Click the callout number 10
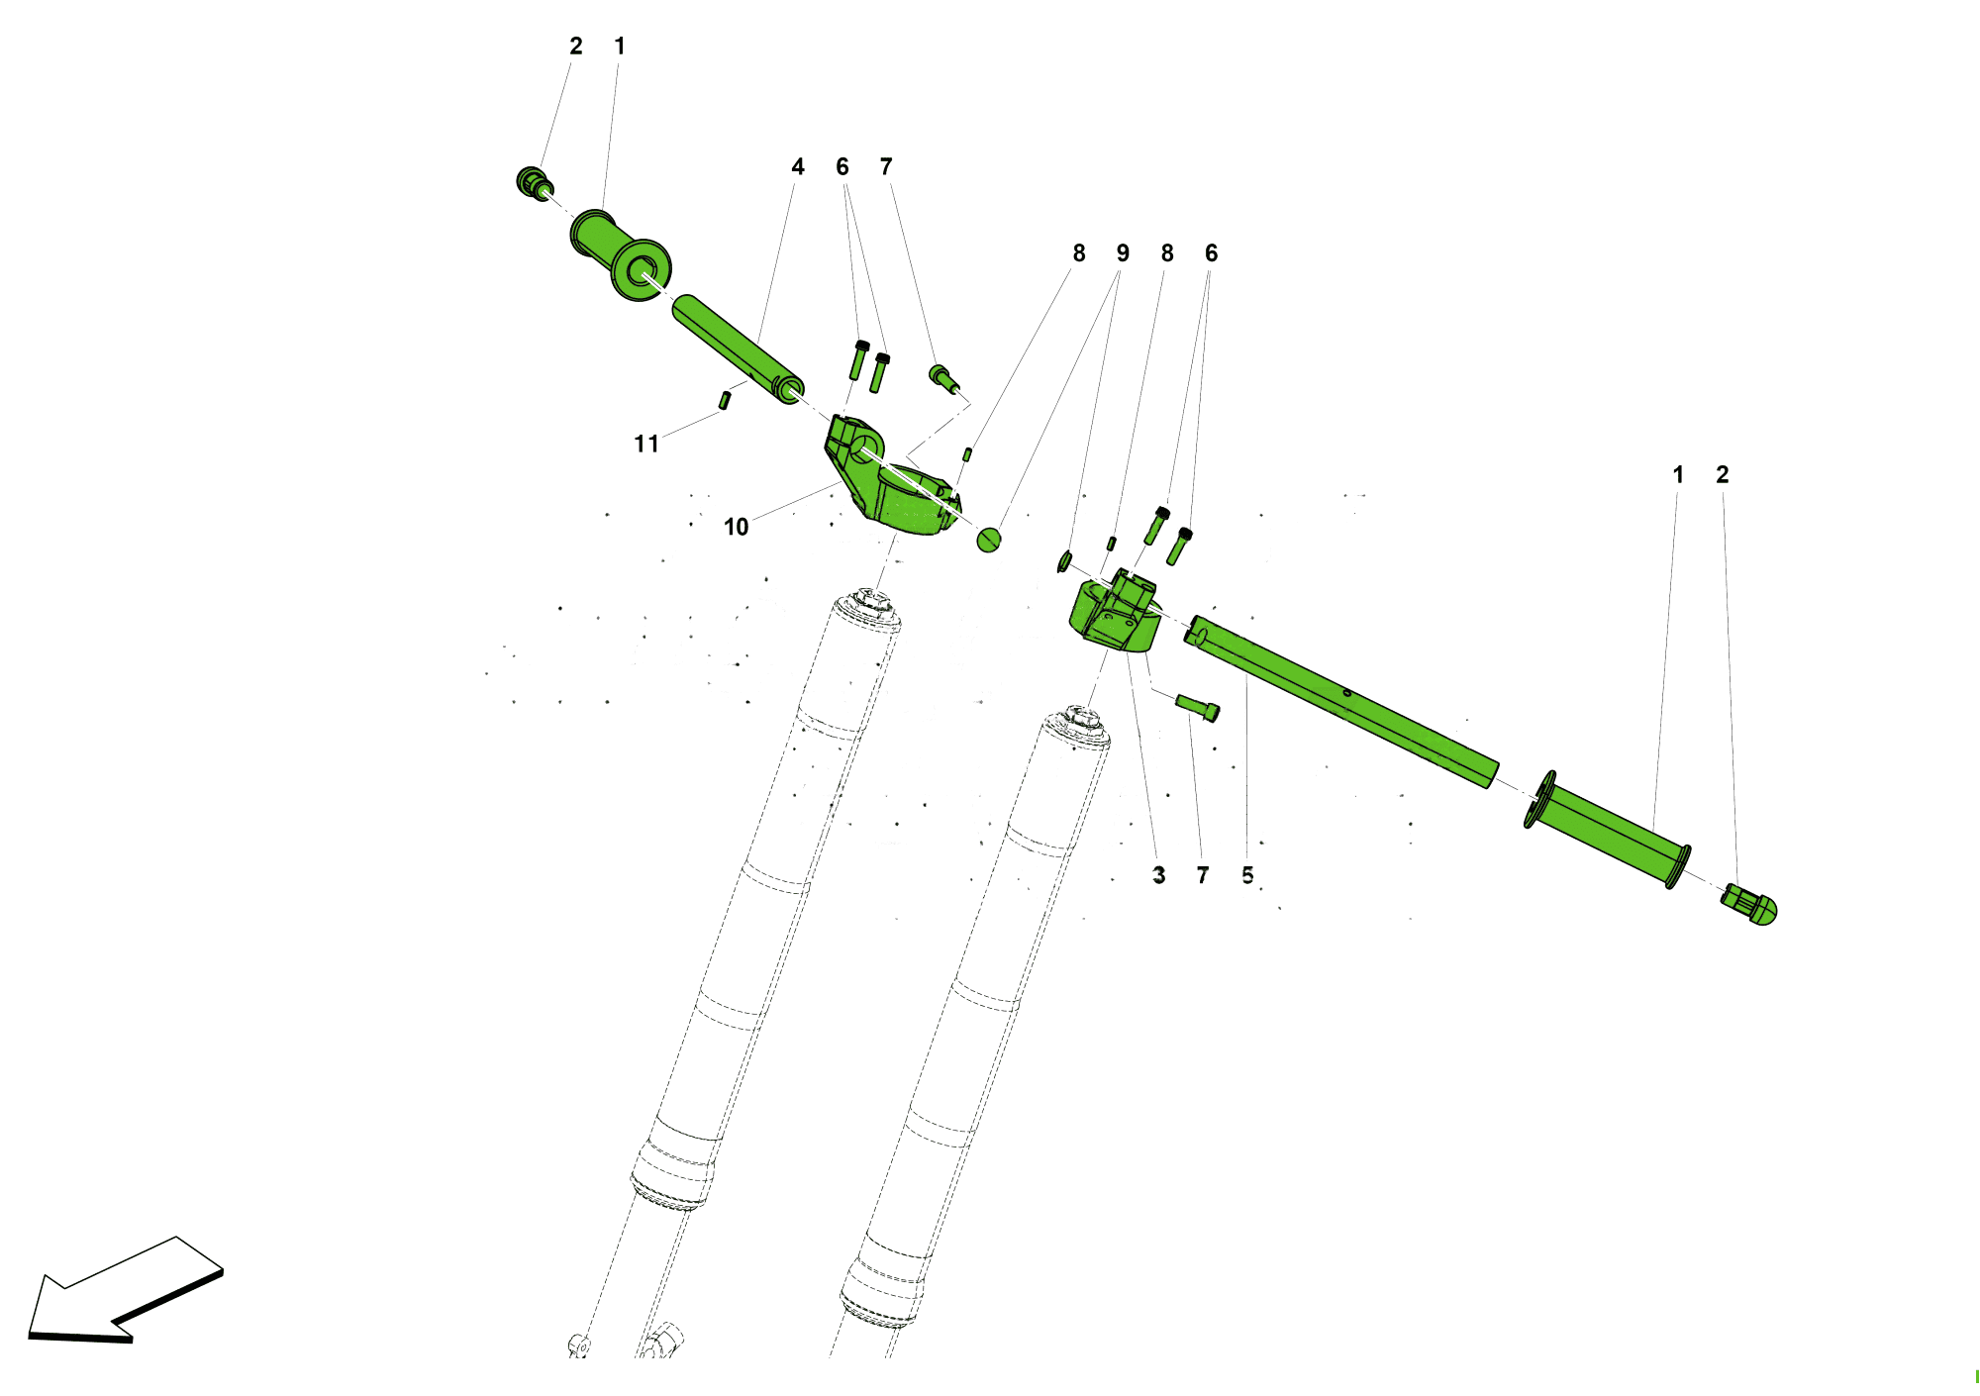pyautogui.click(x=736, y=527)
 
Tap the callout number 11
pyautogui.click(x=646, y=444)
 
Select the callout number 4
pyautogui.click(x=798, y=166)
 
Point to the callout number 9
pyautogui.click(x=1123, y=253)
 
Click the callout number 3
pyautogui.click(x=1159, y=875)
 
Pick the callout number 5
pyautogui.click(x=1247, y=875)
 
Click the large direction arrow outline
pyautogui.click(x=126, y=1290)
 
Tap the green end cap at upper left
pyautogui.click(x=535, y=183)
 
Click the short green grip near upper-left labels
pyautogui.click(x=621, y=255)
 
